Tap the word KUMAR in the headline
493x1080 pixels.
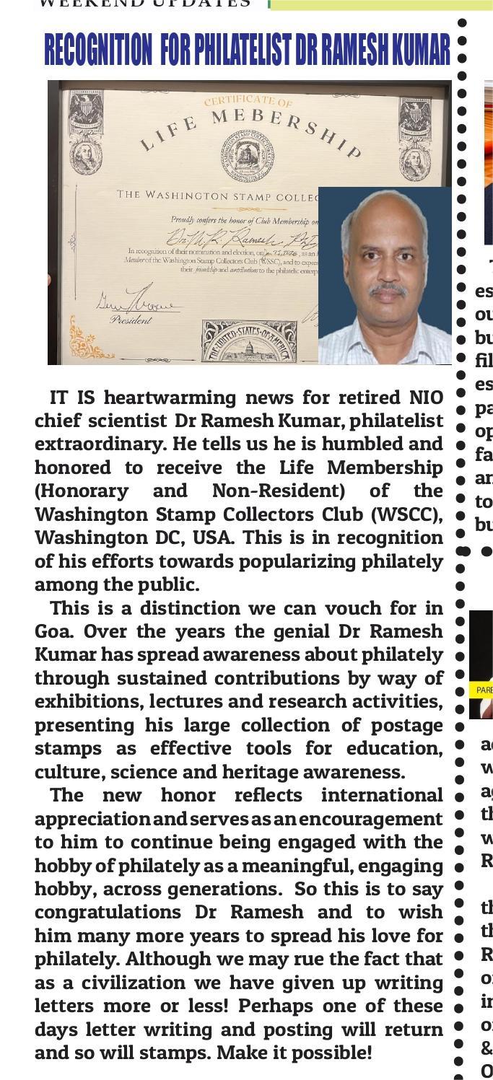(421, 50)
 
